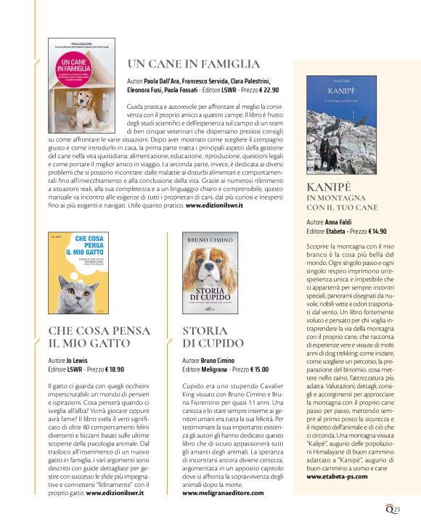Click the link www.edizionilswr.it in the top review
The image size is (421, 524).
point(214,205)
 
